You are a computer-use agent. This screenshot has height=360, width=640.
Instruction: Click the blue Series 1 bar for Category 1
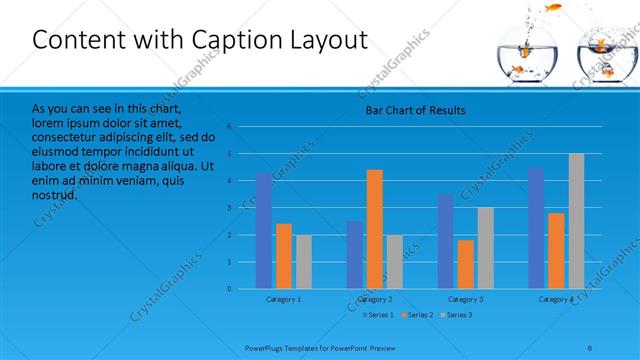pyautogui.click(x=264, y=231)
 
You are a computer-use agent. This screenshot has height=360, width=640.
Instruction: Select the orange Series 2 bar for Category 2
pyautogui.click(x=375, y=229)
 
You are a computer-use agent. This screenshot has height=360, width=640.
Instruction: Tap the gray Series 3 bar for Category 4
pyautogui.click(x=576, y=221)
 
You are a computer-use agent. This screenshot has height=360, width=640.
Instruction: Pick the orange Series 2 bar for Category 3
pyautogui.click(x=466, y=264)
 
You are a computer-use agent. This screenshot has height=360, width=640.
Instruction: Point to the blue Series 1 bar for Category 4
pyautogui.click(x=536, y=228)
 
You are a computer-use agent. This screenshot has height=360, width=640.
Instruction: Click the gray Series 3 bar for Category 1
pyautogui.click(x=304, y=262)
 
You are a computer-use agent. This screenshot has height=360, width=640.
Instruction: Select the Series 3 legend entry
pyautogui.click(x=455, y=315)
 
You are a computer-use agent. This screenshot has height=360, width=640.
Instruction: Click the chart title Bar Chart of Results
pyautogui.click(x=414, y=110)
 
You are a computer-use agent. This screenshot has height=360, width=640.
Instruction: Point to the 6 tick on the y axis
pyautogui.click(x=229, y=127)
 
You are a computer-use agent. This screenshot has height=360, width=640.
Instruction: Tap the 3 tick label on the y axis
pyautogui.click(x=229, y=208)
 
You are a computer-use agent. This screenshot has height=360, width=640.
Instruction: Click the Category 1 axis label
pyautogui.click(x=284, y=299)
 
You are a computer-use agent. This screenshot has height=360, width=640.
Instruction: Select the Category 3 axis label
pyautogui.click(x=465, y=299)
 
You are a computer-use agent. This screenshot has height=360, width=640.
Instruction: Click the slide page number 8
pyautogui.click(x=590, y=347)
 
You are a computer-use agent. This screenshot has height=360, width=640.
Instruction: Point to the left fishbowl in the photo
pyautogui.click(x=519, y=59)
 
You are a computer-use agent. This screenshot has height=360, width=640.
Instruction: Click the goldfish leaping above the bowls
pyautogui.click(x=552, y=9)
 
